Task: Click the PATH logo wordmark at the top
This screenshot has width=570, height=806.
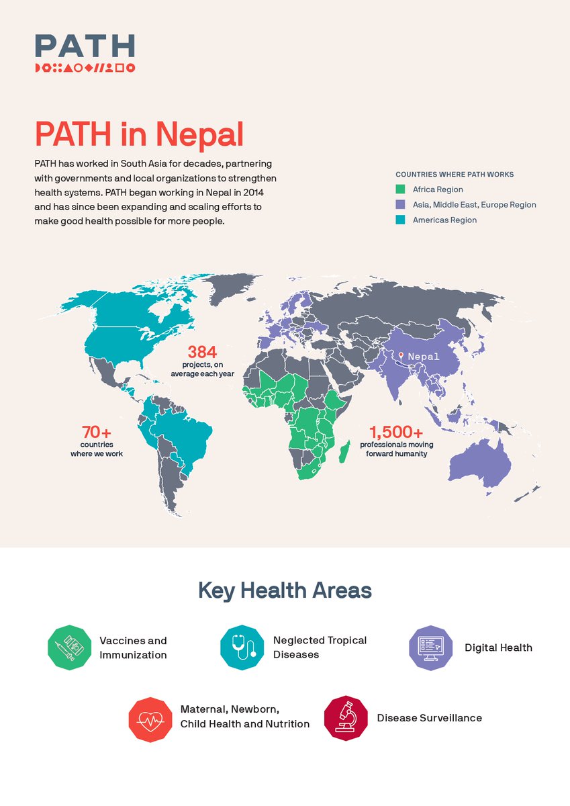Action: point(85,46)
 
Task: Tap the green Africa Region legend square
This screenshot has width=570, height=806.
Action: point(400,189)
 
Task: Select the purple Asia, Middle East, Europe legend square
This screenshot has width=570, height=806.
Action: point(400,205)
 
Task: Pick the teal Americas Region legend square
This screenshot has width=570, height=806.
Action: point(400,220)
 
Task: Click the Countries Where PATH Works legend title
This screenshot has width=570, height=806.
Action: point(455,175)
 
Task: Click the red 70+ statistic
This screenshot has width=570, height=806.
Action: point(96,432)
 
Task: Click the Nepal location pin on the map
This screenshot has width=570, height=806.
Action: point(401,355)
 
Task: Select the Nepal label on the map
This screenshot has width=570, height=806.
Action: point(424,357)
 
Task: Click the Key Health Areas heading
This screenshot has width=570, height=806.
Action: point(285,591)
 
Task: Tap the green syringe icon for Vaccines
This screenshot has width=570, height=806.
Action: point(69,648)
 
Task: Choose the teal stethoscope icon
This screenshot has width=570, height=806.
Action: point(242,648)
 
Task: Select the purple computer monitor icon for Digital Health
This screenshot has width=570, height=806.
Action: point(431,648)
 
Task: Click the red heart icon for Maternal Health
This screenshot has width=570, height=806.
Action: point(150,719)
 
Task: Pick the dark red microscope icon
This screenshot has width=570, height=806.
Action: point(346,718)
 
